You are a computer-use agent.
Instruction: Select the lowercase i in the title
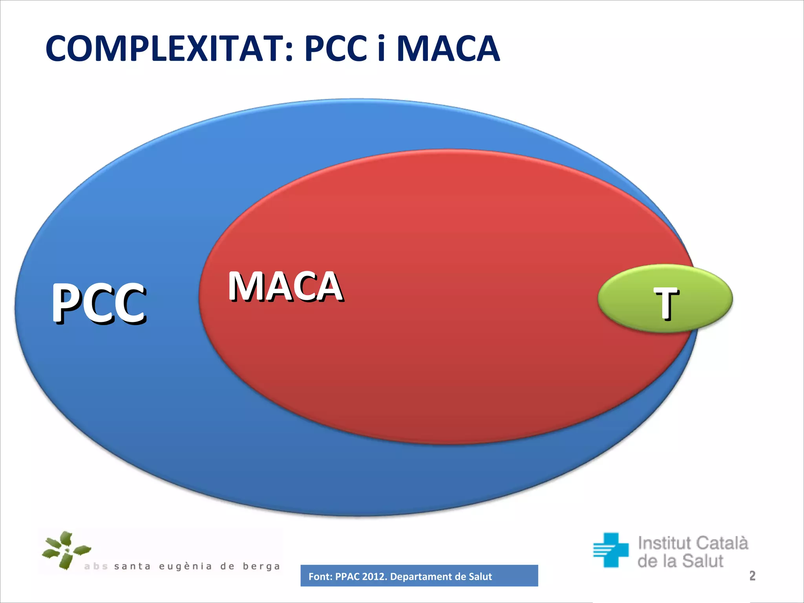381,49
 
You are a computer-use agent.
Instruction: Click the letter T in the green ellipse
666,303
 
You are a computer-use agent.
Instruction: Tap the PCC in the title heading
336,49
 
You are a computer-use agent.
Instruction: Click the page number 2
752,576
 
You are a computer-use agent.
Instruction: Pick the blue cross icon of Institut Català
611,550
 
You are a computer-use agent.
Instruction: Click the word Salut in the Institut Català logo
703,561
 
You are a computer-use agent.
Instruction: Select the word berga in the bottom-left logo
261,566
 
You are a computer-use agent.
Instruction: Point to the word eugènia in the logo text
185,566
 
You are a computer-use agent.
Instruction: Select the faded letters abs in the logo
96,566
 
